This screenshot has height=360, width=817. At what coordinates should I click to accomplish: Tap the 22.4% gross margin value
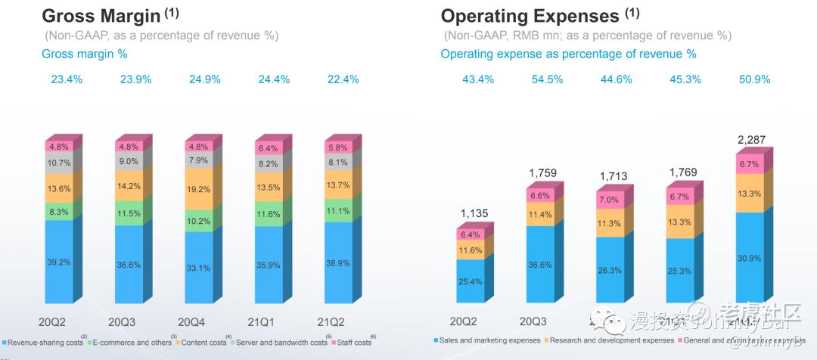(x=342, y=79)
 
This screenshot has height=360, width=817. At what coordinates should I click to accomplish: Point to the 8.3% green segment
(x=58, y=213)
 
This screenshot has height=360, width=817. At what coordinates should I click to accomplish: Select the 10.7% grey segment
(x=58, y=163)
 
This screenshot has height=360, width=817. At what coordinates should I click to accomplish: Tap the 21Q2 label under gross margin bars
(x=338, y=321)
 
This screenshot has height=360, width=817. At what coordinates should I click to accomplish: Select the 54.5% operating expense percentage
(x=547, y=79)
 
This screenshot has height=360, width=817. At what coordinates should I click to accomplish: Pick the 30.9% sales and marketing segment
(x=750, y=258)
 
